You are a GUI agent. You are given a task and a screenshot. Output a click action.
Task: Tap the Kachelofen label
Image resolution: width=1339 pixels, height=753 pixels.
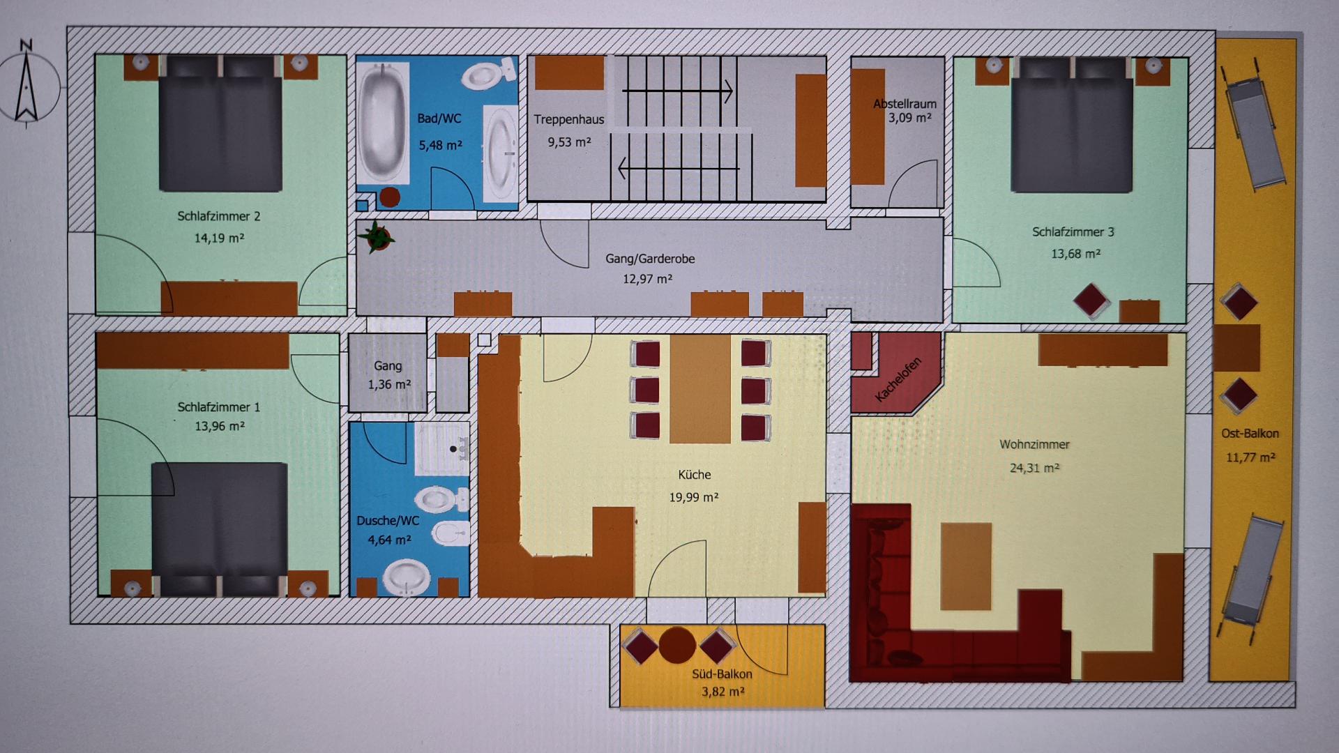[x=898, y=379]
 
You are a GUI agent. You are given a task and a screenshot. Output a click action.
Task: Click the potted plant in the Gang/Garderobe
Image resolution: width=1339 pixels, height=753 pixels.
[x=377, y=237]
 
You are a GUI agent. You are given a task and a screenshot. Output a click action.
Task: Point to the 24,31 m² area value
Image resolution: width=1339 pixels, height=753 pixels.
[x=1034, y=468]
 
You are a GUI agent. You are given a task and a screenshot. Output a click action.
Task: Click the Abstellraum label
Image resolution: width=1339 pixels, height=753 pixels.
[x=905, y=104]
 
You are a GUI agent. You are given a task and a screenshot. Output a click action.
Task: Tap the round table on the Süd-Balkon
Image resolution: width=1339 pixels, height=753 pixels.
[x=677, y=645]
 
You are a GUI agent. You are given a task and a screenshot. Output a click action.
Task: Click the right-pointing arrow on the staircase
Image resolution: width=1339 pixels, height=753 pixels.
[x=677, y=91]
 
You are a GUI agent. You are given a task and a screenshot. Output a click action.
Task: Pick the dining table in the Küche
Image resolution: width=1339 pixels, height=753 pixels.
[x=700, y=388]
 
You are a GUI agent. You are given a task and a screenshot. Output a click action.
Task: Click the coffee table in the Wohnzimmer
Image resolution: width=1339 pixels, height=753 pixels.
[x=966, y=566]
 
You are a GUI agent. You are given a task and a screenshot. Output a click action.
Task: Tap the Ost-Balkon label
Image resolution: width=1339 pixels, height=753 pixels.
[x=1250, y=434]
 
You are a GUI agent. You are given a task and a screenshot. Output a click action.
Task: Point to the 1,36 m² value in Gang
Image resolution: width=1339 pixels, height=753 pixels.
[x=389, y=384]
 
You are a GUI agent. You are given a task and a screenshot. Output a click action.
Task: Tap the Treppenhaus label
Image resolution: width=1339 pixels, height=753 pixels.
[x=569, y=119]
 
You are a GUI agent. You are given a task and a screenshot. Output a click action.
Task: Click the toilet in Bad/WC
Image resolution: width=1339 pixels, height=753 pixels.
[x=489, y=74]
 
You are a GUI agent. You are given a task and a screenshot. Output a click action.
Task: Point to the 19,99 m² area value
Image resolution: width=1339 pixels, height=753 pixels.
[x=694, y=497]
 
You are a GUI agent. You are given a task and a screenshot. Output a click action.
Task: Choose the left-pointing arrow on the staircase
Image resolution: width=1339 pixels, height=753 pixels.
[x=679, y=168]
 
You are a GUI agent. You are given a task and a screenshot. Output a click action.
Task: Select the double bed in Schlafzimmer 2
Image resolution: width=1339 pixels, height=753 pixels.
[x=221, y=124]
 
